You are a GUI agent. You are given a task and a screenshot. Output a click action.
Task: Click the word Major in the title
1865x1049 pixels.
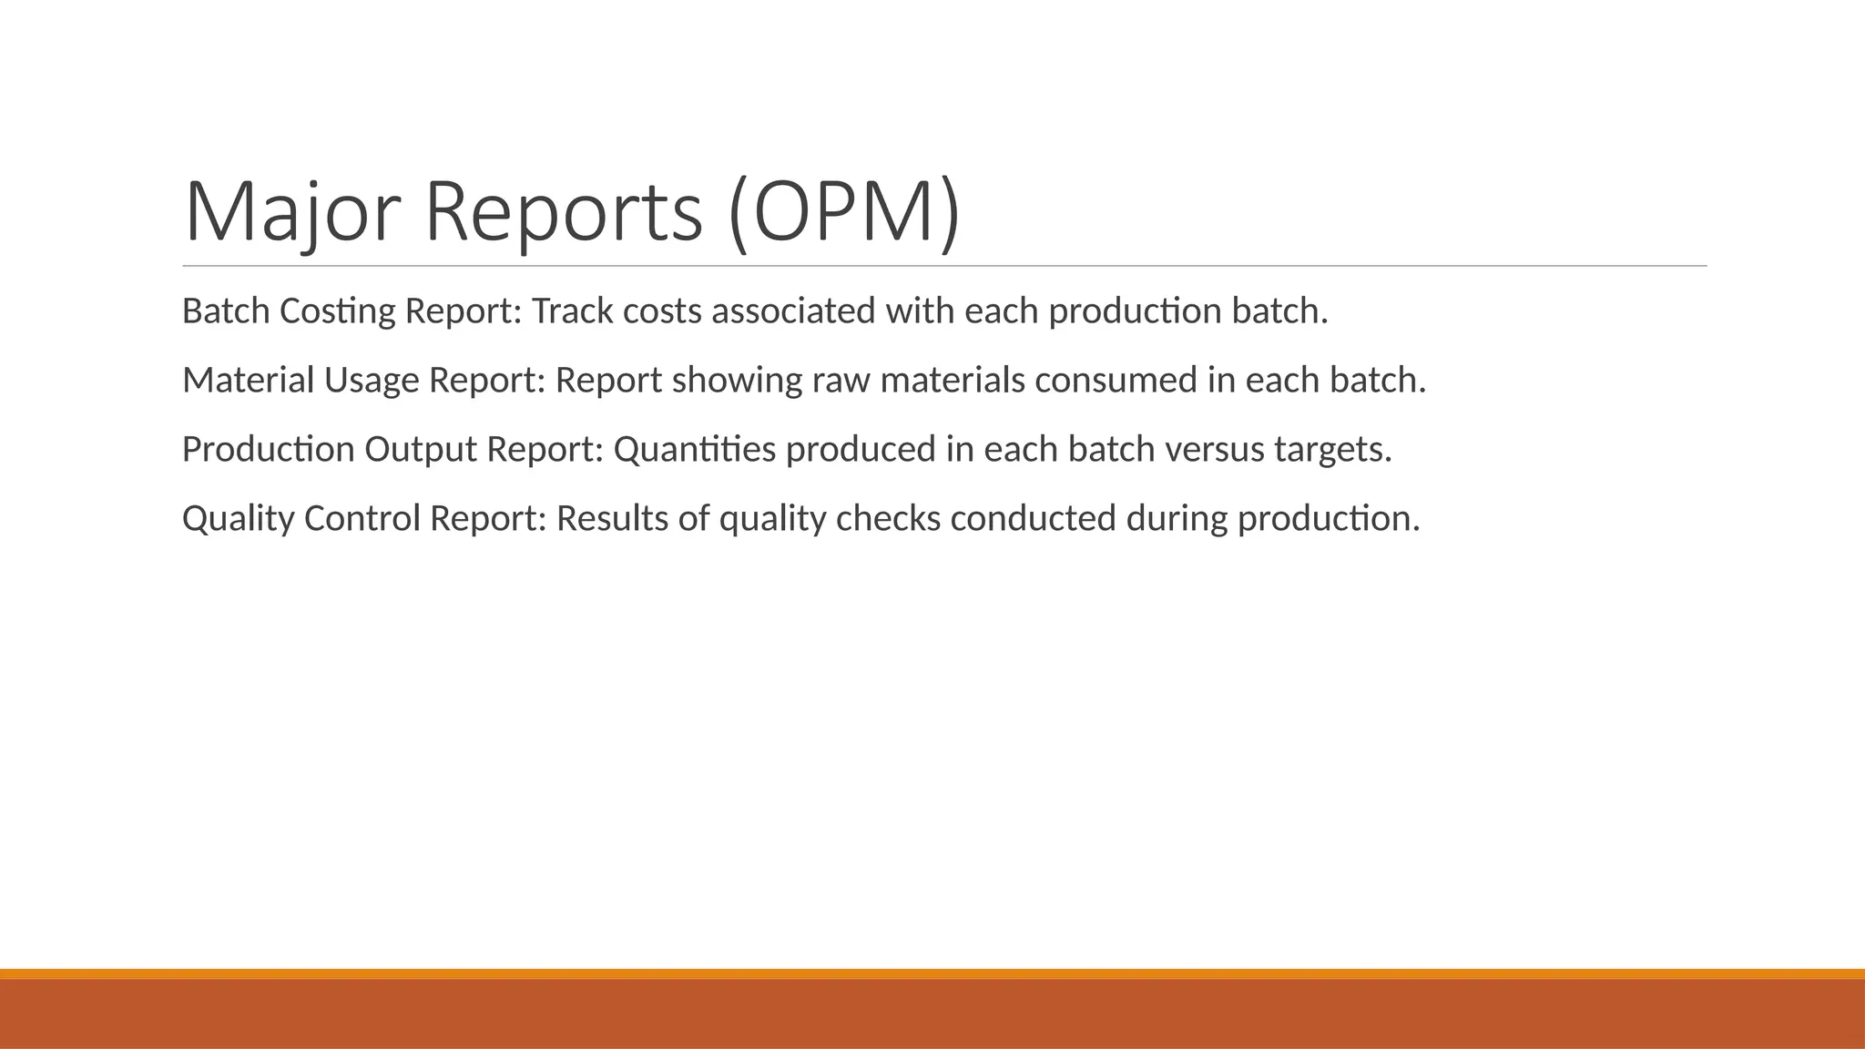(x=292, y=212)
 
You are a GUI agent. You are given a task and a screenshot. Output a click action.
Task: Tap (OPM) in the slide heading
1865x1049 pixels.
(x=844, y=212)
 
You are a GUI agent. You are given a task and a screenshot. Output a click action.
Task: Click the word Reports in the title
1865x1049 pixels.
(x=564, y=212)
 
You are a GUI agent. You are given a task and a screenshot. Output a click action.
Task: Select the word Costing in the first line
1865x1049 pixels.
(x=337, y=311)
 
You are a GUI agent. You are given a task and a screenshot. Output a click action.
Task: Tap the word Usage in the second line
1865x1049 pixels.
(x=371, y=381)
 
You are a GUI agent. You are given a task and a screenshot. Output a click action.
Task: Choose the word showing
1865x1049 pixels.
(x=737, y=381)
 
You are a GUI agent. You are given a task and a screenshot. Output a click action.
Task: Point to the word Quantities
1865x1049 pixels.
(x=694, y=450)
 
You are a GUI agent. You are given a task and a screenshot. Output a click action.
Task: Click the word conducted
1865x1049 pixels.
(x=1033, y=519)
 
